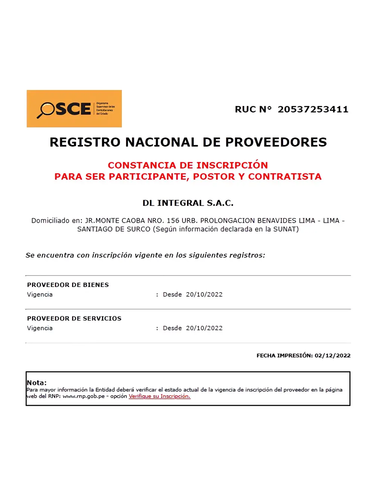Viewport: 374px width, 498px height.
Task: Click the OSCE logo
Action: (x=74, y=109)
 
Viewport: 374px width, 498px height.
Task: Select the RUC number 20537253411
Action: (x=313, y=109)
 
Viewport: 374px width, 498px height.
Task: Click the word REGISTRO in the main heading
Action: (x=85, y=142)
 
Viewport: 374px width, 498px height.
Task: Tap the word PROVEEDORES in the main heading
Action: (x=276, y=142)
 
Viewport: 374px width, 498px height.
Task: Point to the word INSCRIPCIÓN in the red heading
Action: (x=232, y=165)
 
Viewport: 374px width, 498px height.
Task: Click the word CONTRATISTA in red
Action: (x=285, y=177)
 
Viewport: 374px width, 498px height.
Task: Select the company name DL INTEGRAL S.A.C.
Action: (x=188, y=203)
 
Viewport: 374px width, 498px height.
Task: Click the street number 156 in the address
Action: (x=173, y=221)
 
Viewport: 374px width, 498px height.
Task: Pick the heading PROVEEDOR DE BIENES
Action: (x=68, y=285)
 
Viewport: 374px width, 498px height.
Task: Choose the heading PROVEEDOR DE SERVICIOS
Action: (x=74, y=318)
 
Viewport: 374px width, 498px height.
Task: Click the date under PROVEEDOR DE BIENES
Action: (x=204, y=294)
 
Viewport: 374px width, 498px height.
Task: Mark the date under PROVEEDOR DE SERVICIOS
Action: (x=204, y=328)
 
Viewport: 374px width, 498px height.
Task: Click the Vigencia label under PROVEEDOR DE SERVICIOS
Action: (x=40, y=328)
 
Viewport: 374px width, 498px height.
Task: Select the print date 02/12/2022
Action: (x=332, y=356)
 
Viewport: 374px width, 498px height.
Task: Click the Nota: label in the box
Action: (x=37, y=383)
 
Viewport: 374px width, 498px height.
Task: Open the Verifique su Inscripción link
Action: (x=159, y=396)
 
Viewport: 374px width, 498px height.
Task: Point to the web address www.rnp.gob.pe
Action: (x=83, y=396)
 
